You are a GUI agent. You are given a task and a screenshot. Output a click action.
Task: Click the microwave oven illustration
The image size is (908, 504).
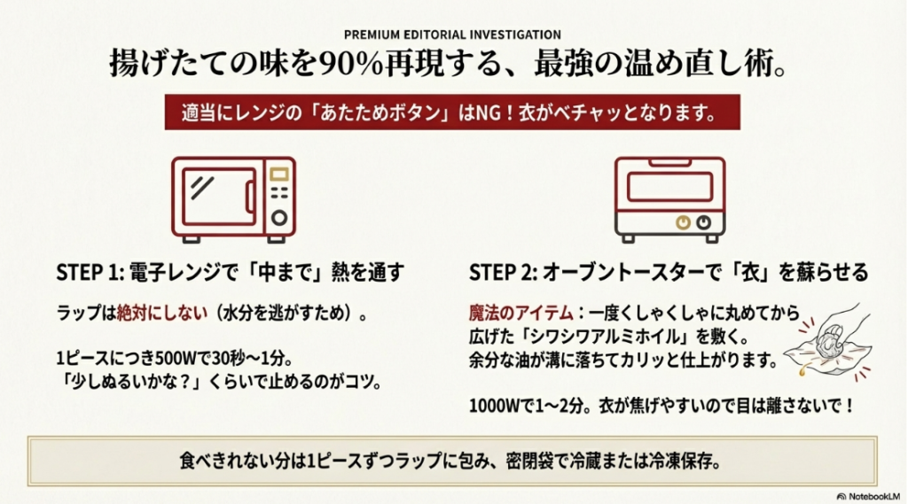pos(233,199)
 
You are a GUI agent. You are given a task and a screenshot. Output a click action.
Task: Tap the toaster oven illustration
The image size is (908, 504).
pos(669,199)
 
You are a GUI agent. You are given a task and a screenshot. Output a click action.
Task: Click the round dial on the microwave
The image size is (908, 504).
pos(279,217)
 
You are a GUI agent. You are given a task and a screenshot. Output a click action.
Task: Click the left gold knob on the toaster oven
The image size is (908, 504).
pos(685,221)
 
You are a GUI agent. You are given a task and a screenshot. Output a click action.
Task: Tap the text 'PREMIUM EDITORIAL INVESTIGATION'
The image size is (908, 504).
pos(452,35)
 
